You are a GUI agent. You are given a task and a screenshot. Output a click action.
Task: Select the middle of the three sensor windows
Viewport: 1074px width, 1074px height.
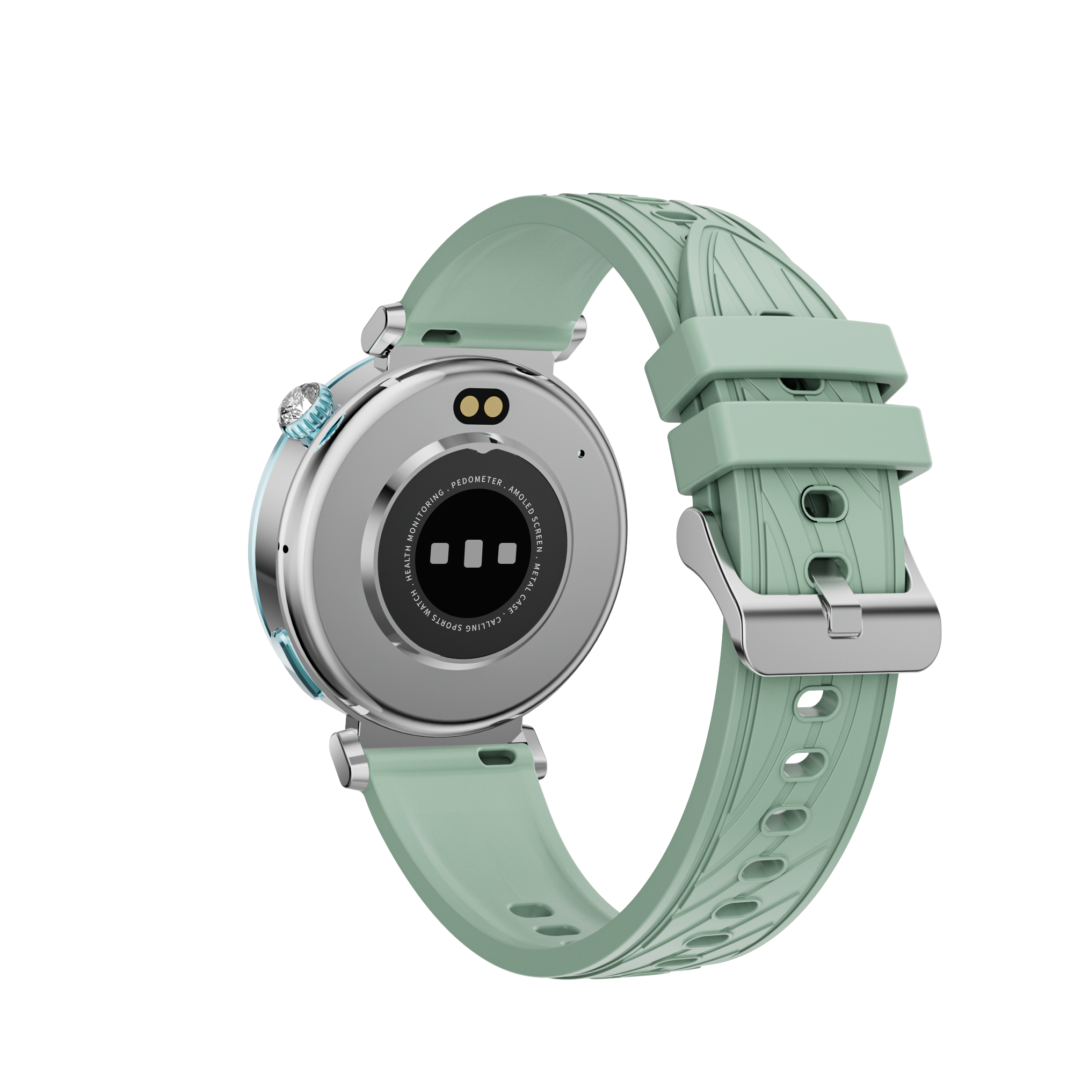(x=473, y=553)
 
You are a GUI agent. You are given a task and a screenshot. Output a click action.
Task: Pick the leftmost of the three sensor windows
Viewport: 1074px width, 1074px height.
(x=440, y=553)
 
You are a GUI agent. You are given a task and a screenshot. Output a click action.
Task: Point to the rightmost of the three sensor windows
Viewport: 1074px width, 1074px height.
(x=506, y=553)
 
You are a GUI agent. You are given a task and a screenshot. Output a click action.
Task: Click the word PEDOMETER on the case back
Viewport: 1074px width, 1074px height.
(x=476, y=482)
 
